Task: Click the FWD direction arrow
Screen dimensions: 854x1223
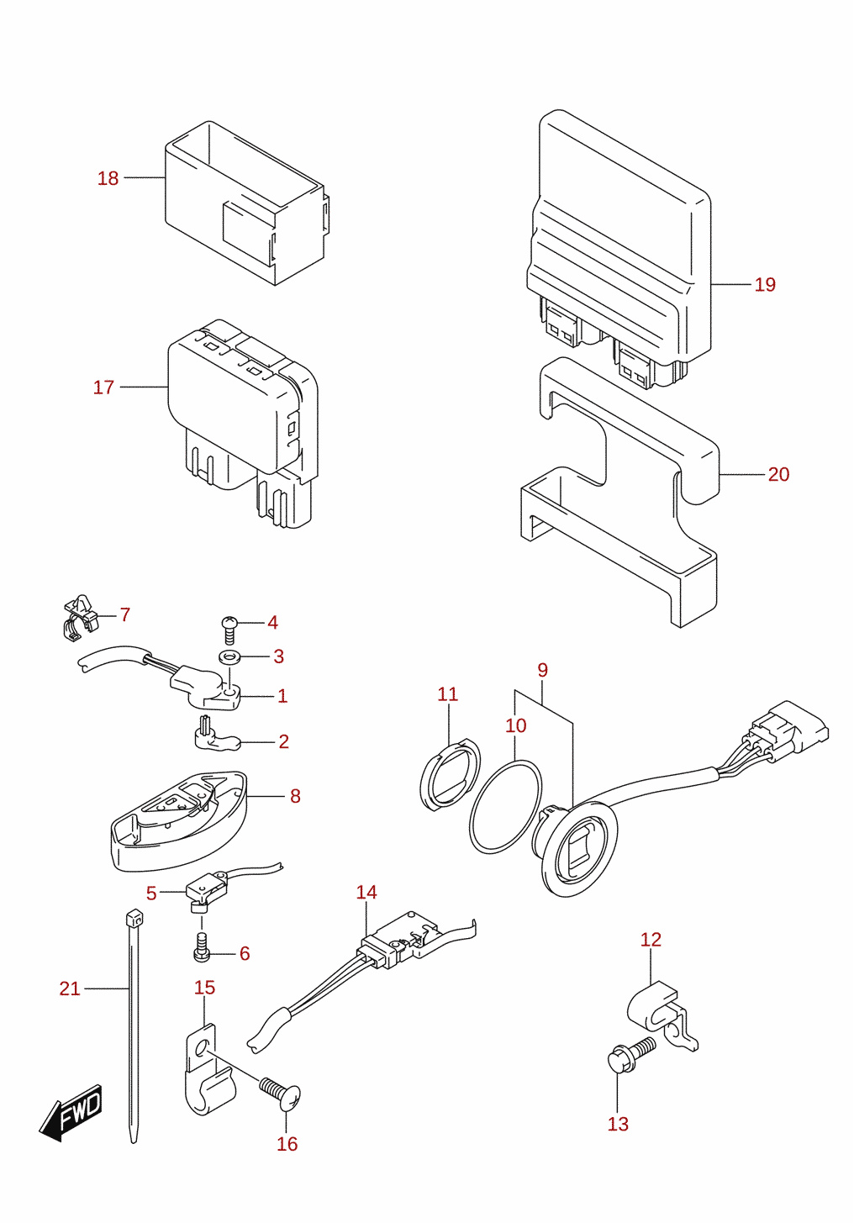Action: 70,1113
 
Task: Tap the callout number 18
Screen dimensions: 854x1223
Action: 108,178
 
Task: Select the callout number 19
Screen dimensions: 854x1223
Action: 765,284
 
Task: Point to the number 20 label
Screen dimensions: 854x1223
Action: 778,474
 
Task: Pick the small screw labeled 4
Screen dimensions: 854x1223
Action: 229,630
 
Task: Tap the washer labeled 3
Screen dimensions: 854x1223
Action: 229,656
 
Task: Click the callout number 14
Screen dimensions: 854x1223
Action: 366,893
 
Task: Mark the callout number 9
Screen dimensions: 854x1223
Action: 542,670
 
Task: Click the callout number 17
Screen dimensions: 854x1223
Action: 103,387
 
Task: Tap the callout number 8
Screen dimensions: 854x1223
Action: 295,797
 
